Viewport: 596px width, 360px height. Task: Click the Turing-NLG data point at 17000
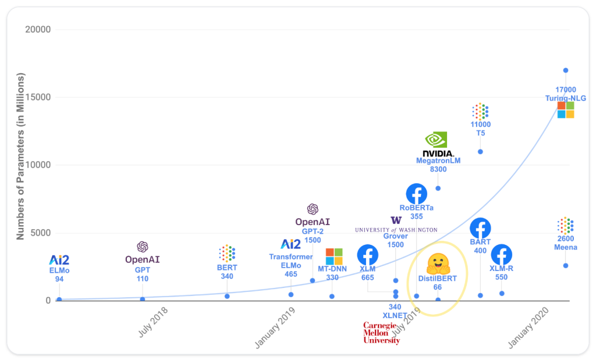click(565, 70)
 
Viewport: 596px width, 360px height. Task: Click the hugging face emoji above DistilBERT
click(437, 264)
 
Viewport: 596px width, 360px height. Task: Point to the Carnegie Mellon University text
click(381, 333)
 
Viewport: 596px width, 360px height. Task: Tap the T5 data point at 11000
click(480, 152)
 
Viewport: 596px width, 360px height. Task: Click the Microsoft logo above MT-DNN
click(334, 256)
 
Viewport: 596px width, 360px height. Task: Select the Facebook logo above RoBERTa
click(416, 194)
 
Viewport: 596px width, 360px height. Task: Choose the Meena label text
click(565, 247)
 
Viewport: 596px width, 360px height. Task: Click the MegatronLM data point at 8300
click(438, 188)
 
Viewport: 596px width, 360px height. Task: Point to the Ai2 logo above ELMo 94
click(59, 260)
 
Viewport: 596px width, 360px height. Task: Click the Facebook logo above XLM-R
click(501, 255)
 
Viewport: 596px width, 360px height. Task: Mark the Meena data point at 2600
click(565, 266)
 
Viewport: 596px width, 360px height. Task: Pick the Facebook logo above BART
click(480, 228)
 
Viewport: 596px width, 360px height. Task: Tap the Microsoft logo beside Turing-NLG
click(565, 110)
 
